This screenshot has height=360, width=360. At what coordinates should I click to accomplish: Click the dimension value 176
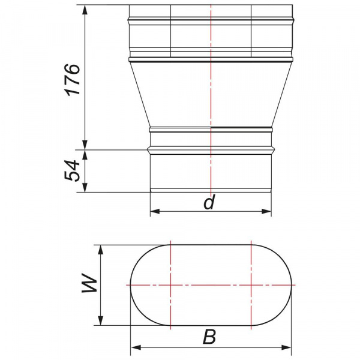(x=73, y=79)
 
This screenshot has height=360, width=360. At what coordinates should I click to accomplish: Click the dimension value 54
(x=72, y=170)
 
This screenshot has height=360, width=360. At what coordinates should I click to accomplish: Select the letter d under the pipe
(x=209, y=202)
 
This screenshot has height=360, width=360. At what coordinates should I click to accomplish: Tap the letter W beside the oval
(x=90, y=283)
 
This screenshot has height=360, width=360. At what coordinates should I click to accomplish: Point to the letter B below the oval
(x=209, y=337)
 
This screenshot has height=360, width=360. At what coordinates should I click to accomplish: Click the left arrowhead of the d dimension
(x=155, y=211)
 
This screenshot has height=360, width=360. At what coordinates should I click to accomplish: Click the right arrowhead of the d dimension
(x=266, y=211)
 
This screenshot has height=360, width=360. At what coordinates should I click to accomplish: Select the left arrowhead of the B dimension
(x=136, y=347)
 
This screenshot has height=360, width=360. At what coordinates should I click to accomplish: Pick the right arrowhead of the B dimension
(x=286, y=347)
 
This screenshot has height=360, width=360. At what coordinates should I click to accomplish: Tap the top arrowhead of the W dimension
(x=100, y=250)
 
